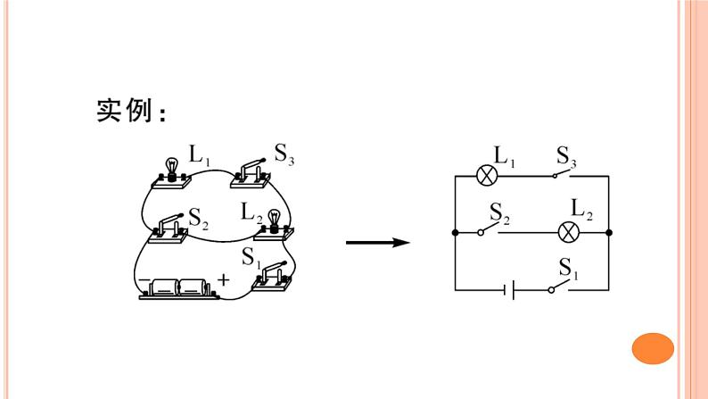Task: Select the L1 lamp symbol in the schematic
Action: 487,175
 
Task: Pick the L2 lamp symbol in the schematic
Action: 569,233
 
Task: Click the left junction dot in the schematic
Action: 456,233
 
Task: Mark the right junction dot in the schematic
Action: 609,233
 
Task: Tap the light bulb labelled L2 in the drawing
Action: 274,223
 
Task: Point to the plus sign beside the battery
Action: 223,280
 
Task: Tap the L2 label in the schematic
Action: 581,210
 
